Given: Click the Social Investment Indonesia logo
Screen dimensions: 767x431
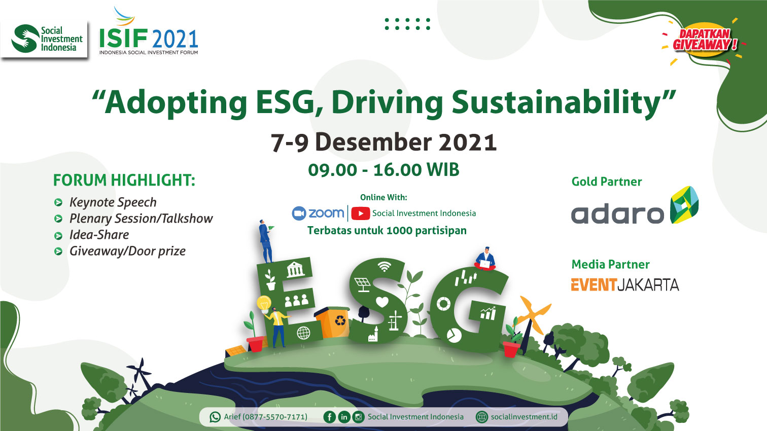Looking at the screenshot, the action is [47, 39].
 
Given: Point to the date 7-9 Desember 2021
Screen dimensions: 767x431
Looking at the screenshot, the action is [384, 142].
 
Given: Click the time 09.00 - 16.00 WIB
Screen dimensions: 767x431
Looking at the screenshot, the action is [384, 170].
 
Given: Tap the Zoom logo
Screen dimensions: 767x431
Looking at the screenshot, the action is [318, 213].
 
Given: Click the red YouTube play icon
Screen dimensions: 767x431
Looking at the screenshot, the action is [360, 213].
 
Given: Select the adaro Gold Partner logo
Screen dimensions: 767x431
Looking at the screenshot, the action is [635, 205].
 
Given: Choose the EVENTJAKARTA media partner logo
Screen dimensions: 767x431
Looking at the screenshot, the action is [624, 285].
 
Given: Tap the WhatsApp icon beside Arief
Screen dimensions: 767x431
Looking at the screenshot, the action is [215, 417].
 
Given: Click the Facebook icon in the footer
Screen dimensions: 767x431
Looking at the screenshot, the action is [329, 417].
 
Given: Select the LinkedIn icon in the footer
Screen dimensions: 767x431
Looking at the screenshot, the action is [344, 417].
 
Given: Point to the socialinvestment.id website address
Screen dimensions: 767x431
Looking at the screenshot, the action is [524, 417].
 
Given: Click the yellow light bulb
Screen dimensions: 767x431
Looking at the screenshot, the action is [264, 304].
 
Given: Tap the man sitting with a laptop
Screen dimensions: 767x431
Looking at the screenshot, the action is [485, 259].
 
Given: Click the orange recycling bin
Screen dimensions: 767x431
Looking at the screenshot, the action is [332, 322].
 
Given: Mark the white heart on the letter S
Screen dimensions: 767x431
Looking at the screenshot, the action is [382, 302].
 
